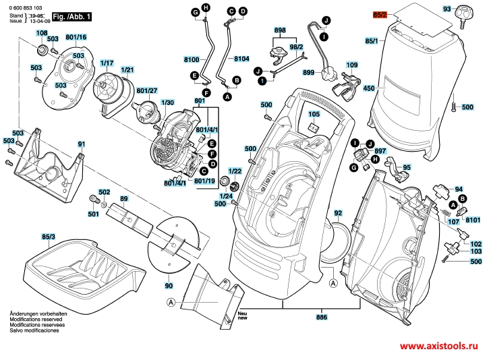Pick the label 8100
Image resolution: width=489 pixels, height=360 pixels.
pyautogui.click(x=192, y=59)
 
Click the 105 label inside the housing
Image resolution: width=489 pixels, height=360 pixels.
pyautogui.click(x=314, y=115)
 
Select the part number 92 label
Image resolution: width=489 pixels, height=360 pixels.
pyautogui.click(x=337, y=213)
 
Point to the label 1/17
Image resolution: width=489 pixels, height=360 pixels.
pyautogui.click(x=106, y=63)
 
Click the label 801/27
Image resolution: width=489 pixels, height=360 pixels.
pyautogui.click(x=146, y=90)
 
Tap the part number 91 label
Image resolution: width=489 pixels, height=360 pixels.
pyautogui.click(x=81, y=144)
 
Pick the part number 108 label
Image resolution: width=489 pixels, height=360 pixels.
pyautogui.click(x=41, y=32)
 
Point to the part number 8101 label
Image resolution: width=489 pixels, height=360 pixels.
pyautogui.click(x=473, y=220)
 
